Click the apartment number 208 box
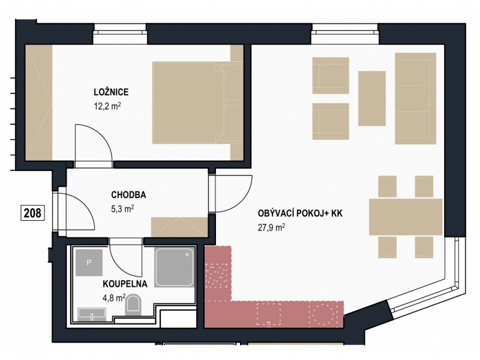coord(32,213)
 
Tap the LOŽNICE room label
coord(111,92)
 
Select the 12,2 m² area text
coord(107,106)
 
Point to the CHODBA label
coord(128,194)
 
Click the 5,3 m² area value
coord(122,209)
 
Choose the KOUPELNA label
coord(125,284)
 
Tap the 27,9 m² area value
coord(272,227)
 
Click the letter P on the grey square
coord(89,262)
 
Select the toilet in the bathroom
coord(133,305)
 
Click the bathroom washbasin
coord(92,314)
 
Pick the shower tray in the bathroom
coord(175,267)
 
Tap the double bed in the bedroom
coord(197,103)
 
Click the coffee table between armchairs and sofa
coord(372,98)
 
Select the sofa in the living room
coord(415,98)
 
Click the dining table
coord(406,217)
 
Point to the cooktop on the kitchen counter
coord(217,275)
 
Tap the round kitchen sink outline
coord(323,314)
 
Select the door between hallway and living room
coord(233,194)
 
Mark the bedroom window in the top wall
coord(120,34)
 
